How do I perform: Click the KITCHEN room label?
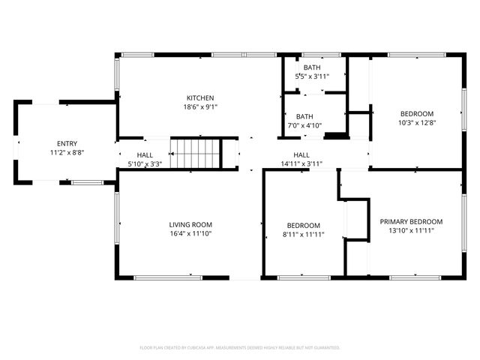click(200, 97)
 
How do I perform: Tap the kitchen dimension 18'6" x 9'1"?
click(200, 106)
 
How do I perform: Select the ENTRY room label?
click(67, 143)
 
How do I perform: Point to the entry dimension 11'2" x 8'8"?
click(67, 152)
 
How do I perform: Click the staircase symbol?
click(195, 154)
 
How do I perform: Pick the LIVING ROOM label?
click(190, 224)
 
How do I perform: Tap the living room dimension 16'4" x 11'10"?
click(190, 233)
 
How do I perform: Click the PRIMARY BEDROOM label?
click(411, 221)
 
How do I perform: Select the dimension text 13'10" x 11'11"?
click(411, 230)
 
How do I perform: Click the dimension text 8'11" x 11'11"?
click(304, 234)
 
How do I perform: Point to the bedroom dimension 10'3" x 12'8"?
click(417, 122)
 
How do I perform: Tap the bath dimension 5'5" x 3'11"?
click(312, 76)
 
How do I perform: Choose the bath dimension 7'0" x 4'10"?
click(304, 125)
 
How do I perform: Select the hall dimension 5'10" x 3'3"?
click(145, 163)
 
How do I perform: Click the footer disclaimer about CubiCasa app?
click(240, 347)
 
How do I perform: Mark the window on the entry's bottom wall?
click(87, 181)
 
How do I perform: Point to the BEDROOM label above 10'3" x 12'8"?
click(417, 113)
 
